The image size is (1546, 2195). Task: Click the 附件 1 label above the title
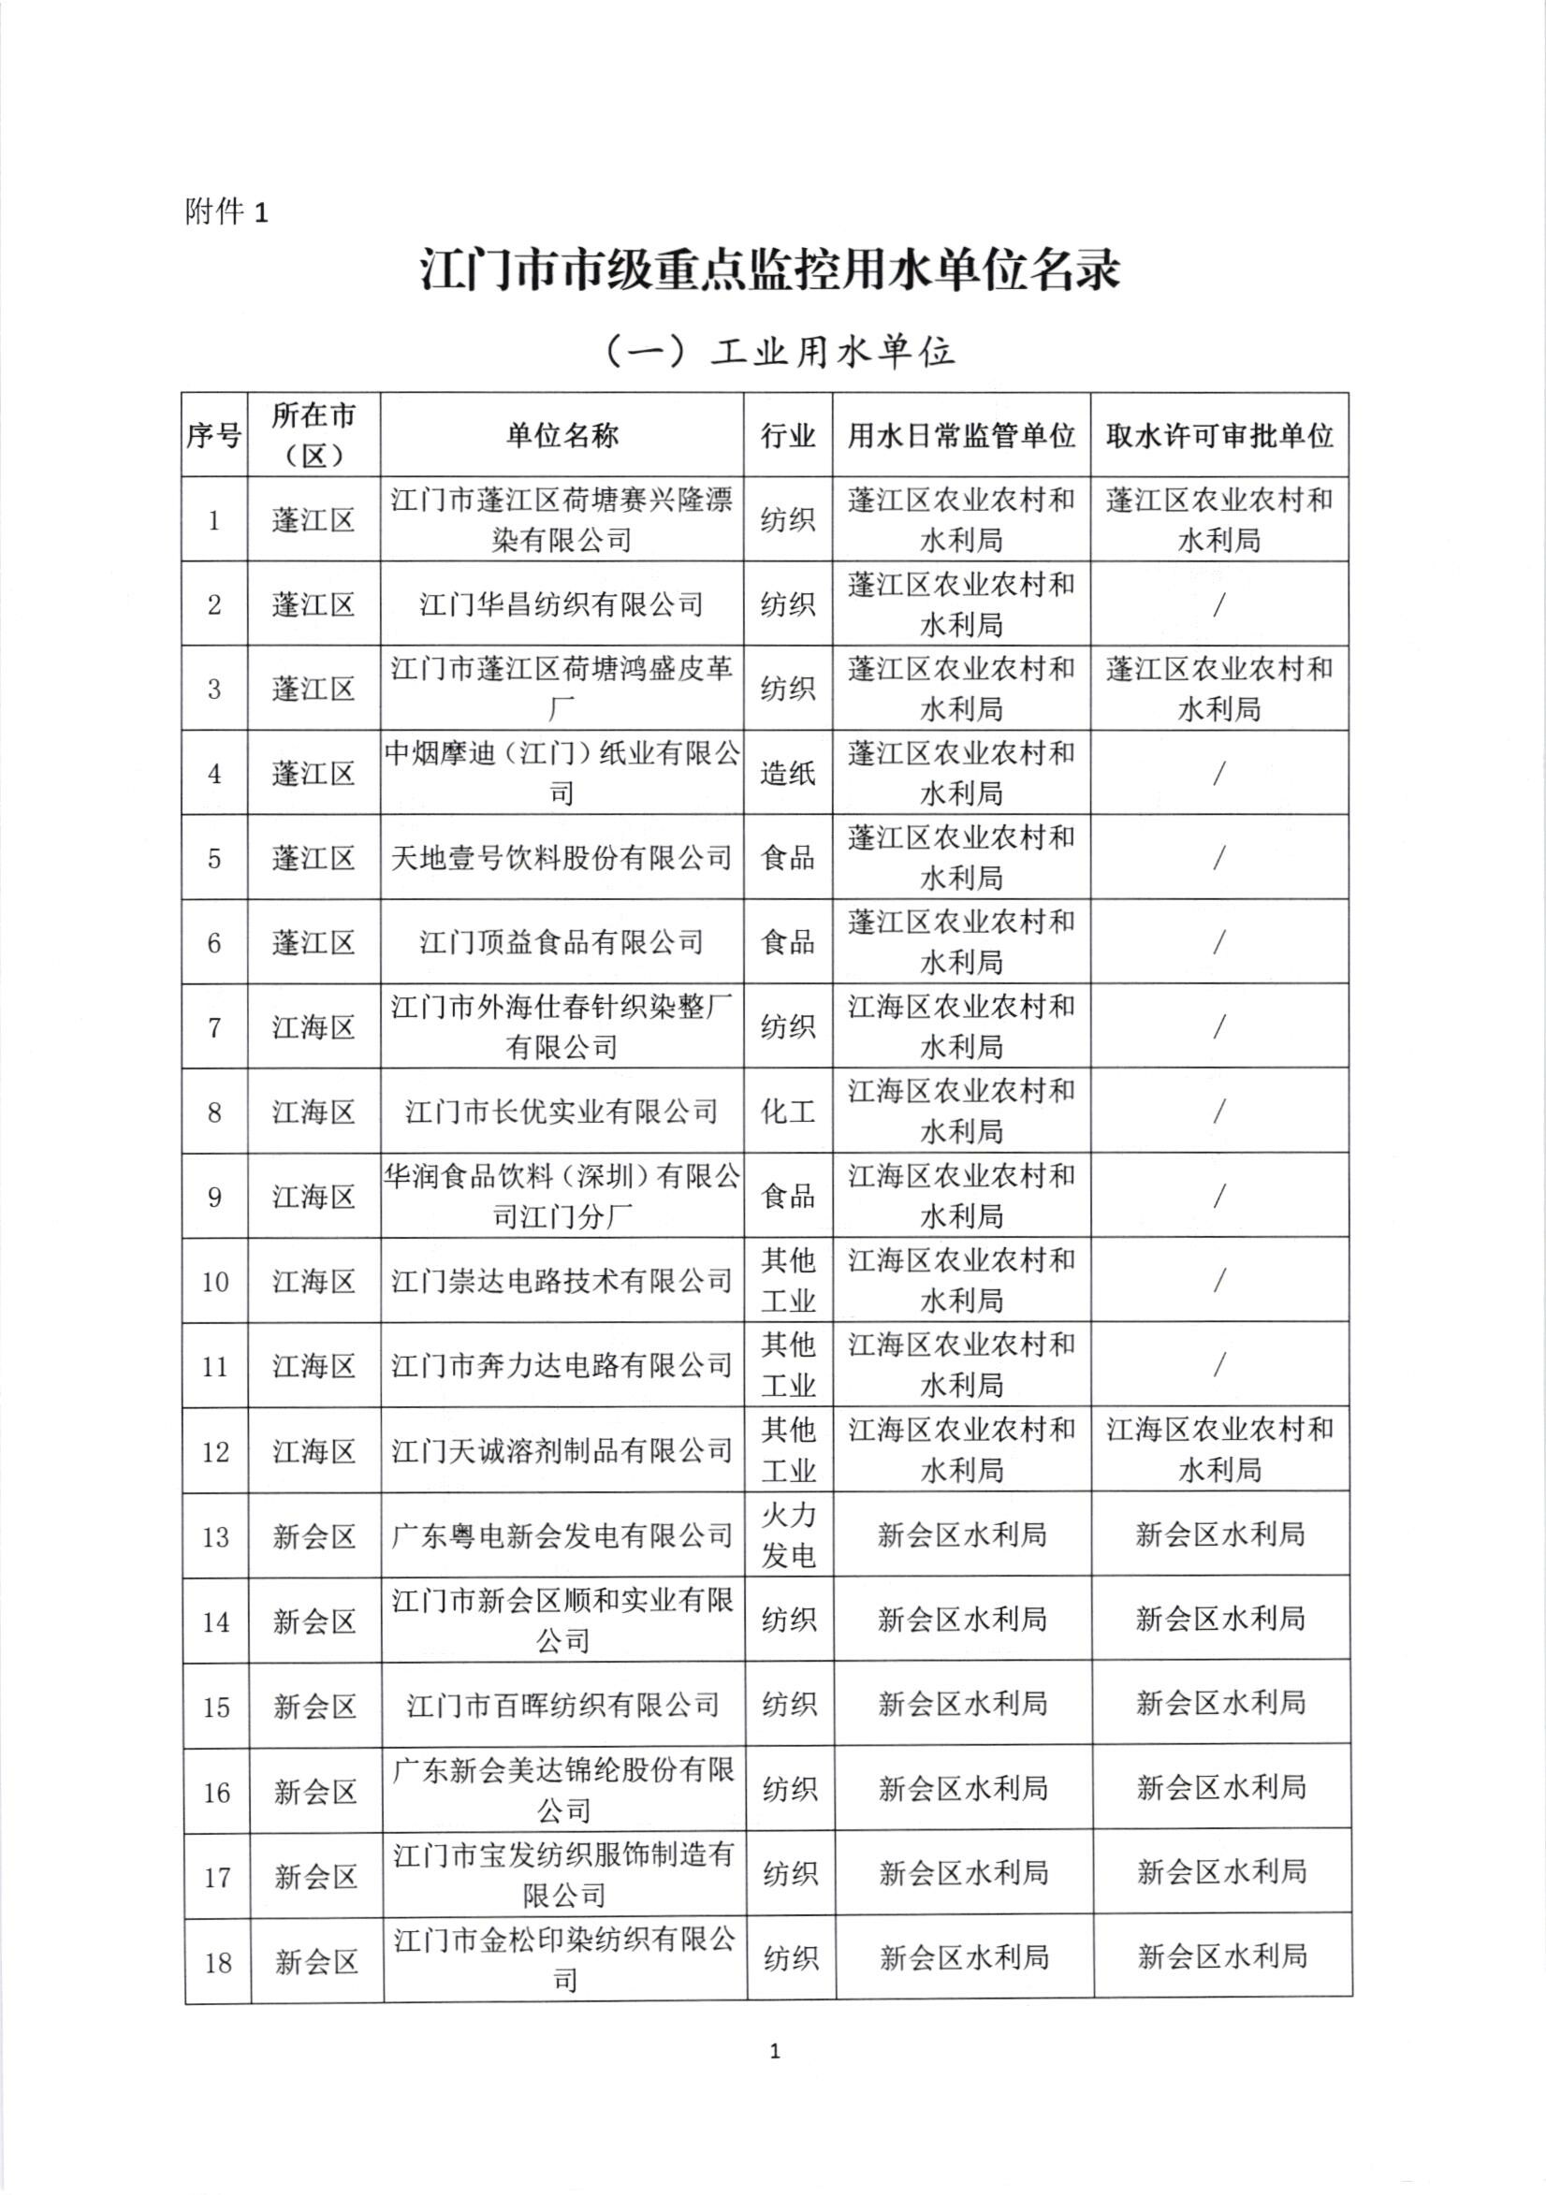coord(226,211)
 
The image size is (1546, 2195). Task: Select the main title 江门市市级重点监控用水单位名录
coord(770,271)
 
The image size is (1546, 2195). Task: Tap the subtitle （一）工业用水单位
coord(781,353)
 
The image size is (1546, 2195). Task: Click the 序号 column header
coord(214,436)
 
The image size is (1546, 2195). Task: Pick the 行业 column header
coord(788,436)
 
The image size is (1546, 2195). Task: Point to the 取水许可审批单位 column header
coord(1219,436)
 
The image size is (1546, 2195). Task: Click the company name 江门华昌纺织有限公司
coord(562,604)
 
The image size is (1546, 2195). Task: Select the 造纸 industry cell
coord(788,773)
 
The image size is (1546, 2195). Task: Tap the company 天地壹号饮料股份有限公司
coord(562,858)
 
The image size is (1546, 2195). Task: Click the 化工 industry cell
coord(788,1111)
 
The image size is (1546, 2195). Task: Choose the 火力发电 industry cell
coord(789,1534)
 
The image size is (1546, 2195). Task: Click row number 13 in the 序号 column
coord(215,1536)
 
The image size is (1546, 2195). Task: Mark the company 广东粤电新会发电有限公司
coord(562,1535)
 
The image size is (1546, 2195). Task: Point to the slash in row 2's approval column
coord(1219,604)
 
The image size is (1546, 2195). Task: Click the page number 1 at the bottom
coord(775,2051)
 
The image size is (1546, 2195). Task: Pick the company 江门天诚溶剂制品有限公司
coord(562,1450)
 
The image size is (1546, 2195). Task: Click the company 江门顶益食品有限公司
coord(562,942)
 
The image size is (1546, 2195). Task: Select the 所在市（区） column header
coord(314,436)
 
